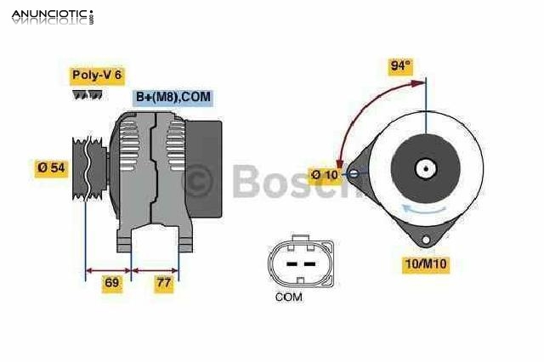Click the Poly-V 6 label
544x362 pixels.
coord(96,75)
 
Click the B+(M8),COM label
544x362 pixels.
coord(173,98)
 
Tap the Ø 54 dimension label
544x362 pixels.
coord(52,168)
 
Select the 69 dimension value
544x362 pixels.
coord(111,283)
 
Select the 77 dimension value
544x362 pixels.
coord(163,283)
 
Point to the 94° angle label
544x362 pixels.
coord(401,66)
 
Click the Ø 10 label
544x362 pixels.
coord(324,175)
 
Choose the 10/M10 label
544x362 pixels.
coord(425,264)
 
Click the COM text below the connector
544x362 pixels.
coord(289,297)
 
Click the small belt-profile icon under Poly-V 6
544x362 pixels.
coord(87,94)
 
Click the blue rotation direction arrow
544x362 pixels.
coord(422,209)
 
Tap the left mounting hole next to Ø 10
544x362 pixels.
coord(345,175)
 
